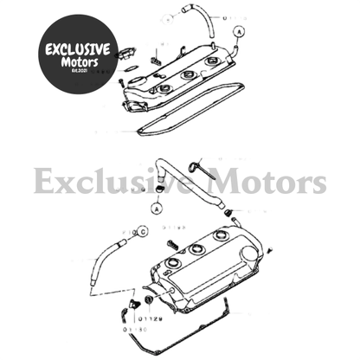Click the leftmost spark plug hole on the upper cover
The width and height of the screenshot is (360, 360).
tap(162, 87)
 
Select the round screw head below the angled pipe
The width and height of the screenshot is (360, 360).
tap(157, 210)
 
